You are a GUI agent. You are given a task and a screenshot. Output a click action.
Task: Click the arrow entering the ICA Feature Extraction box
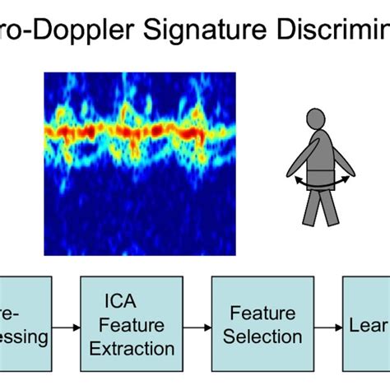pos(66,327)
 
